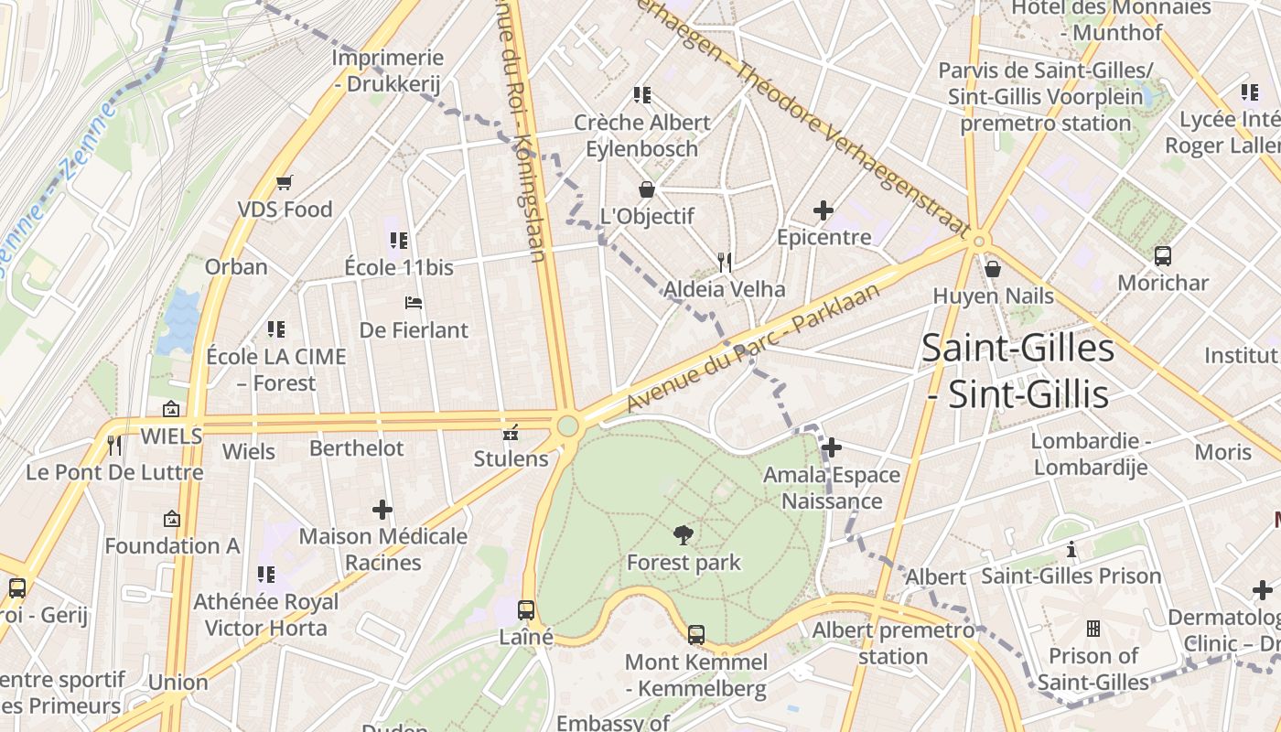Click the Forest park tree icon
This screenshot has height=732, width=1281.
tap(683, 535)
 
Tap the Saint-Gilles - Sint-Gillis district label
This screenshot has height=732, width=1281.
tap(1017, 371)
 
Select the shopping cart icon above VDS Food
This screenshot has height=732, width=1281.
tap(285, 182)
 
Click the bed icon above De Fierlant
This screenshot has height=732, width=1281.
tap(414, 303)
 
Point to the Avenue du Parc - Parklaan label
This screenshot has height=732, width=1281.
tap(752, 348)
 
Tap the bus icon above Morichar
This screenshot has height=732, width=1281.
tap(1163, 256)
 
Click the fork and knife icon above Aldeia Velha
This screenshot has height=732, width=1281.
tap(725, 263)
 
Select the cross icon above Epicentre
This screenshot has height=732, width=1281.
tap(823, 210)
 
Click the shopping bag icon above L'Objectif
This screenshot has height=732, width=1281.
tap(647, 189)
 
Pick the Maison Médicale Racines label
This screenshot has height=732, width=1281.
tap(382, 549)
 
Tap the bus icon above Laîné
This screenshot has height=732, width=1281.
tap(526, 609)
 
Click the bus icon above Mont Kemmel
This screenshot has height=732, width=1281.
tap(696, 634)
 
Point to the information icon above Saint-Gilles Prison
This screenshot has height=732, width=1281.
tap(1071, 549)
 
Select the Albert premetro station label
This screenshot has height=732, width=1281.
tap(893, 643)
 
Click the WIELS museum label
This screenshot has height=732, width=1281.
tap(171, 436)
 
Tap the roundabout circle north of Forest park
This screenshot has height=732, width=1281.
tap(568, 425)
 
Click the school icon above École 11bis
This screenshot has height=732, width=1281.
tap(398, 241)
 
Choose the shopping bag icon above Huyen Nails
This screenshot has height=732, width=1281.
tap(993, 269)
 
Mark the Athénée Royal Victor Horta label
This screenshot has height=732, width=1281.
tap(265, 615)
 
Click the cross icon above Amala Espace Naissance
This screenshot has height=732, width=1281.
tap(832, 447)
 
